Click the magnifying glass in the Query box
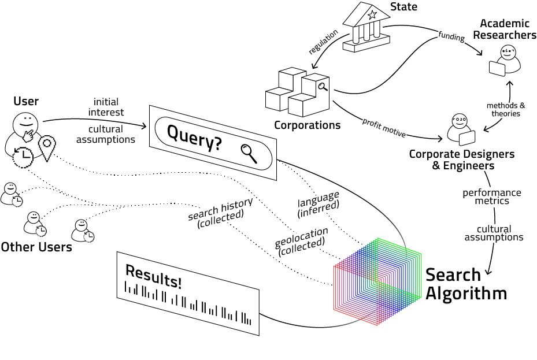(250, 153)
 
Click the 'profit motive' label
(384, 127)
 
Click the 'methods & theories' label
(506, 109)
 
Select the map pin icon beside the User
(46, 147)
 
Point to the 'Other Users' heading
(36, 247)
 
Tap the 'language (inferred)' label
(319, 204)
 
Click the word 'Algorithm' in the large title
(466, 293)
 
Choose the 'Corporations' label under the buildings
(307, 125)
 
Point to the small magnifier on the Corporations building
(322, 88)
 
